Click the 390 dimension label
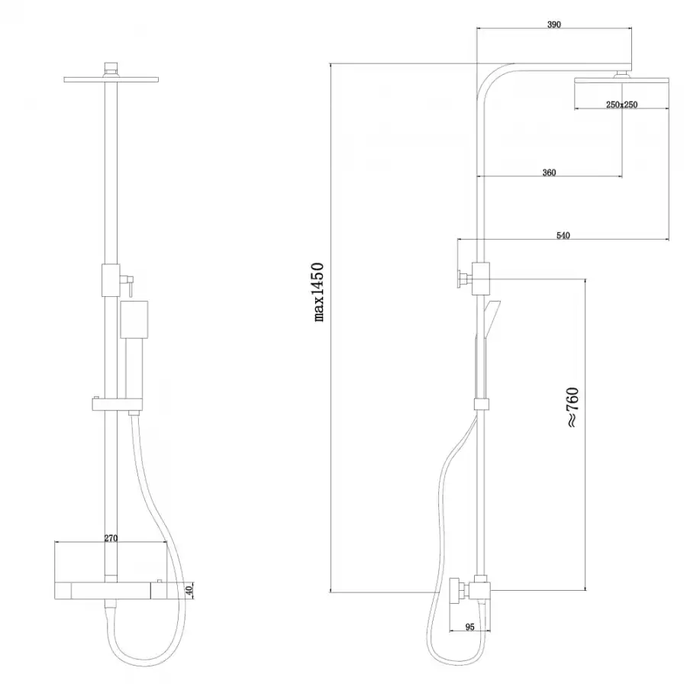pos(554,24)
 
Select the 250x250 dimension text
pos(621,105)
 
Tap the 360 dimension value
pos(549,173)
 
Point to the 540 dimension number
pos(563,236)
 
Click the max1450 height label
pos(319,292)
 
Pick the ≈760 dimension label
pos(572,407)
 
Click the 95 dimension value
pos(469,627)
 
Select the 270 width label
pos(111,538)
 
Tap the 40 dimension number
pos(189,590)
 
